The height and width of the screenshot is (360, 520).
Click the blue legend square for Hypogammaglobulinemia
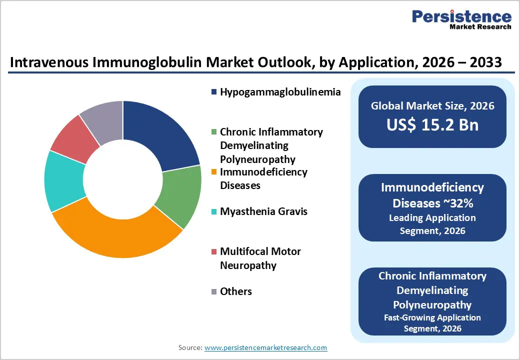point(214,92)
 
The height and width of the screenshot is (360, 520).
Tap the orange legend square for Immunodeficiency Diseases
point(214,172)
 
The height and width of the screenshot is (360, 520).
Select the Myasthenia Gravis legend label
point(263,211)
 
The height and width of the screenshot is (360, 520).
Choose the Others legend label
point(236,291)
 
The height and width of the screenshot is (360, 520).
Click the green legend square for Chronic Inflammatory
point(214,132)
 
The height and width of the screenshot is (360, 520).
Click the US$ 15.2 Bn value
point(432,125)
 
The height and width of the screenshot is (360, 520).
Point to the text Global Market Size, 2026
point(432,105)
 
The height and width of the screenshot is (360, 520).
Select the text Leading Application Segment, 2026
point(432,224)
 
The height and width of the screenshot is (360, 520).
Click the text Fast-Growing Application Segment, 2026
point(432,323)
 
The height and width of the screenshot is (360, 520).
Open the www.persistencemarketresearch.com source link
point(265,347)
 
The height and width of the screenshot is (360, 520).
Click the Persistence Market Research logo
point(461,20)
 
